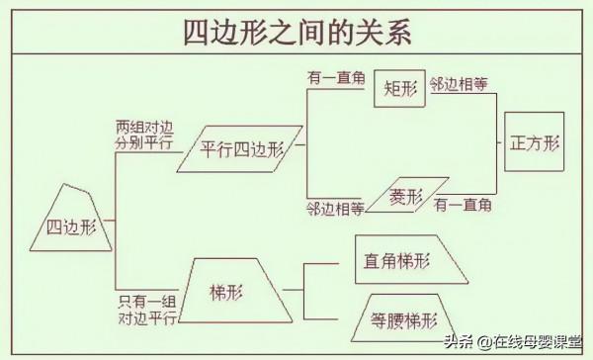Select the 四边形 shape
coord(72,226)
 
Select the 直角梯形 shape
coord(406,263)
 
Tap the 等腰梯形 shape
coord(399,318)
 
